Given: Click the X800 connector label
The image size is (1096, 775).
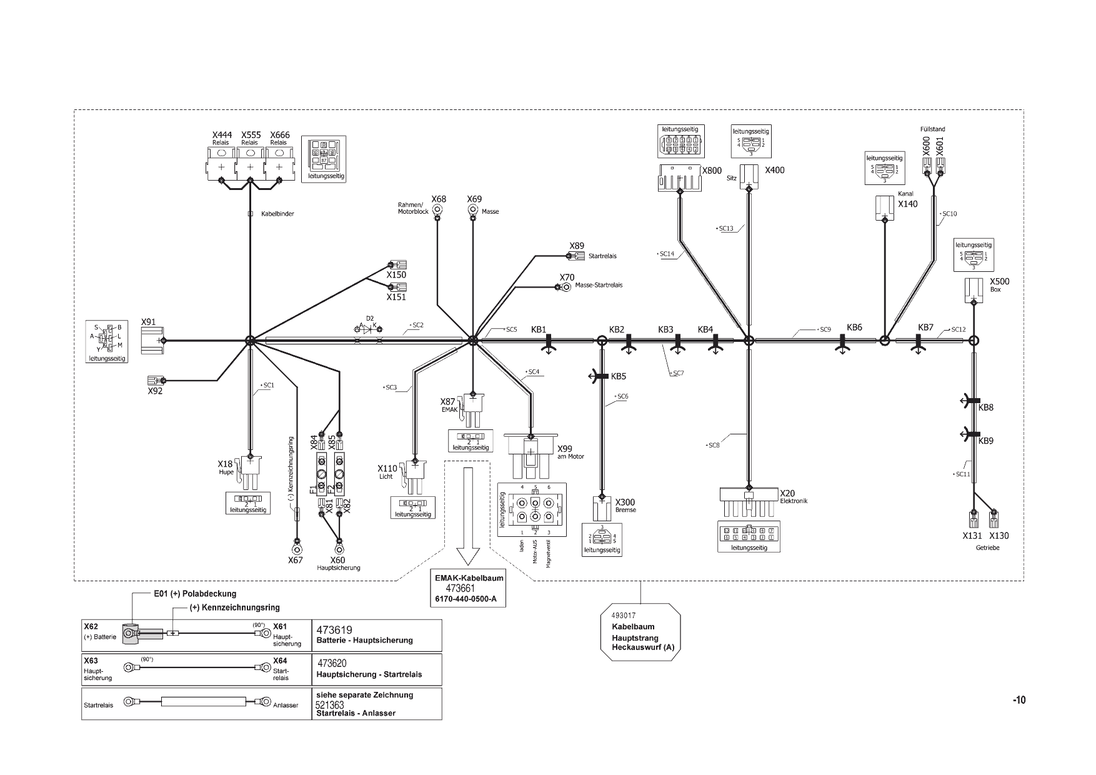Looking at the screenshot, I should (712, 171).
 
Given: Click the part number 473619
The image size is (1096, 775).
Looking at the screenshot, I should (334, 631).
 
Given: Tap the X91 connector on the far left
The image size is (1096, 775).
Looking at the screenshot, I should (152, 341).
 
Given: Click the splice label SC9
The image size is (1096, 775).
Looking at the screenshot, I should (825, 329).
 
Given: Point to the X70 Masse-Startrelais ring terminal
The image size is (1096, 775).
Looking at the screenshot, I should (565, 287).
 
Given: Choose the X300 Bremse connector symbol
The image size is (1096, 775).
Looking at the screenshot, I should (601, 507).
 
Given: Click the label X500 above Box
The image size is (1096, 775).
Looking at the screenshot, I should (1000, 281).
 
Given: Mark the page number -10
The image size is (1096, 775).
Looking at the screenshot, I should (1019, 700).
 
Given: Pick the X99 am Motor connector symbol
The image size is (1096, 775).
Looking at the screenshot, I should (530, 456).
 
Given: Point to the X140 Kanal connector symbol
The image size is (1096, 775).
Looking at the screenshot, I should (885, 207).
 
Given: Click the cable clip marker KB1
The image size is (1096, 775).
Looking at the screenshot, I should (549, 341).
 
